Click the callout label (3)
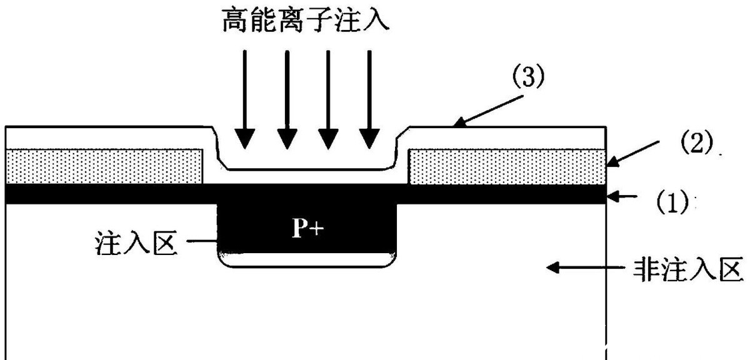click(529, 79)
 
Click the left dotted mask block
click(104, 167)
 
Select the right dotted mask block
click(506, 167)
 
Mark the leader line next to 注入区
click(201, 242)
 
